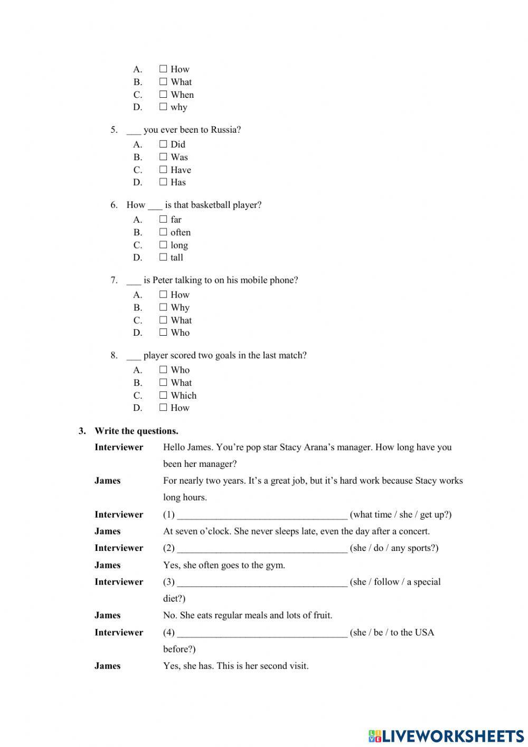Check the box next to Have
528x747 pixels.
[x=163, y=170]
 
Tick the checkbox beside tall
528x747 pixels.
[x=163, y=257]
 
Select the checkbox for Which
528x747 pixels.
[x=163, y=395]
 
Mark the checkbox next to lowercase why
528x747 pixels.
[x=163, y=107]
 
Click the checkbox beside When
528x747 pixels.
[x=163, y=95]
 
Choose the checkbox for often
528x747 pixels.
[x=163, y=232]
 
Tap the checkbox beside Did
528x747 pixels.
[x=163, y=144]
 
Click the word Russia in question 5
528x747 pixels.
[x=225, y=130]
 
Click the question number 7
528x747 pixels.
[x=114, y=280]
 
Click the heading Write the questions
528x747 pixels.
[x=136, y=431]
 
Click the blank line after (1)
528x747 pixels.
[x=262, y=515]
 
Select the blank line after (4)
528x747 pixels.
[x=262, y=633]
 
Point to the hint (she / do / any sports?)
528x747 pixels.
[x=394, y=548]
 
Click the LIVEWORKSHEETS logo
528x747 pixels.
[x=446, y=735]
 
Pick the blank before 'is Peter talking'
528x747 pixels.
[x=134, y=281]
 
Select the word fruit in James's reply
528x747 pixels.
[x=320, y=615]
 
